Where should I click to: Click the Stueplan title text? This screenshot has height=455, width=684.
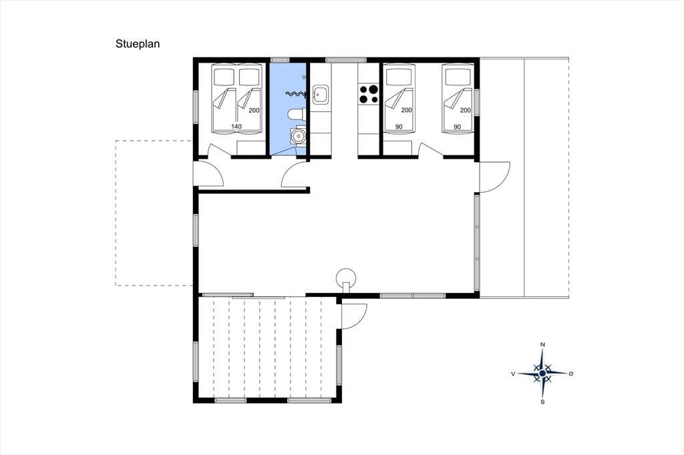coord(138,44)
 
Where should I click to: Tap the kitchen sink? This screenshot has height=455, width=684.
coord(320,95)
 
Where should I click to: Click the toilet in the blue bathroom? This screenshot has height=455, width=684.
coord(297,114)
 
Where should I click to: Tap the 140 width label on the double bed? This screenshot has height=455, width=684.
coord(236,126)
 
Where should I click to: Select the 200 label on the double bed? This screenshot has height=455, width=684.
coord(254,110)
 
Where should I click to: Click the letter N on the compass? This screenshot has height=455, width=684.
coord(542,345)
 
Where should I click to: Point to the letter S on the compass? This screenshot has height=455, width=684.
coord(542,402)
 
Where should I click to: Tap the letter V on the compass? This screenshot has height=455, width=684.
coord(514,374)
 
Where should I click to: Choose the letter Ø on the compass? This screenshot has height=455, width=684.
coord(571,374)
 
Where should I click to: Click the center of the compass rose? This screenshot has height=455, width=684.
coord(542,374)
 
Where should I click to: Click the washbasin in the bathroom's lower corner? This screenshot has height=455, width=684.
coord(299,135)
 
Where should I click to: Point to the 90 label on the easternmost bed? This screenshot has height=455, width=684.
coord(457,127)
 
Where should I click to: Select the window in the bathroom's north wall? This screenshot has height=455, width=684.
coord(281,59)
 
